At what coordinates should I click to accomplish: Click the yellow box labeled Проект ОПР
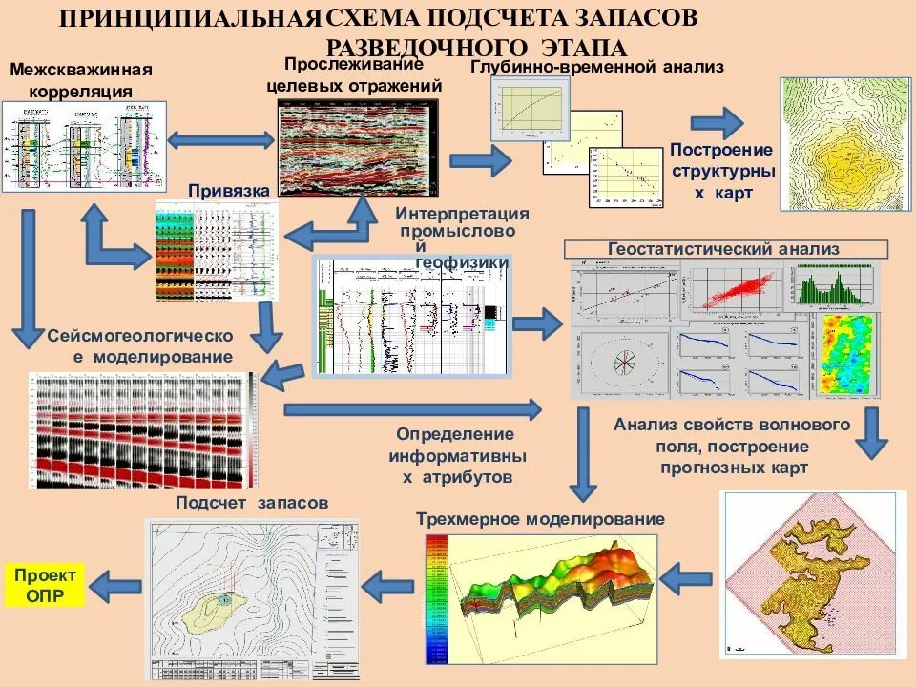coord(45,584)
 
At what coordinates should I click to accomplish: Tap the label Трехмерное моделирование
coord(540,519)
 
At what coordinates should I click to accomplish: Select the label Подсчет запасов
coord(252,502)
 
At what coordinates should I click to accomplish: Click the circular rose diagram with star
coord(621,363)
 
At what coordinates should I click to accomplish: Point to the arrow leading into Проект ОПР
coord(115,584)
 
